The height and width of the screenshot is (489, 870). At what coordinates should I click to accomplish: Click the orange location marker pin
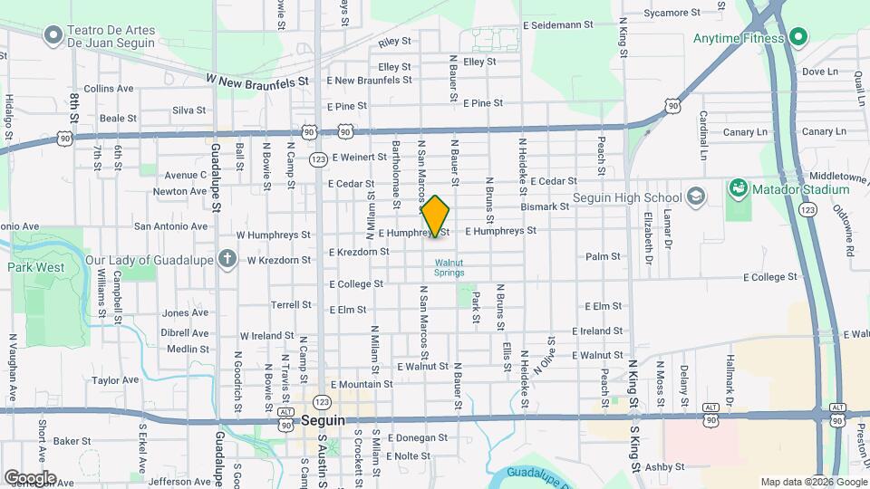tap(435, 216)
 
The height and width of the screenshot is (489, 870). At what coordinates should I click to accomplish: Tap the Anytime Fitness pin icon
tap(797, 38)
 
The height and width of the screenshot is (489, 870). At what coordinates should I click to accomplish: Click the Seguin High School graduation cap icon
tap(695, 197)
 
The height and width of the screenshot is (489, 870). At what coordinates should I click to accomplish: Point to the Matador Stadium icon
tap(738, 189)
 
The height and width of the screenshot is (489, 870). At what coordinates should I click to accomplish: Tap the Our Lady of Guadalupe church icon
tap(227, 260)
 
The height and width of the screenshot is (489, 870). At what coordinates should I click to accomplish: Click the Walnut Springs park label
tap(449, 267)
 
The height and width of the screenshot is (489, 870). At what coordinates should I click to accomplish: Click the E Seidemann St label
tap(558, 25)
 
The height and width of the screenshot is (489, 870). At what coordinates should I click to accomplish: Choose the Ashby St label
tap(666, 467)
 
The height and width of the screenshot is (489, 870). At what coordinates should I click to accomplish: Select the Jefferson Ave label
tap(179, 482)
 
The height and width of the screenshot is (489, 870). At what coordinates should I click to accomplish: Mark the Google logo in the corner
tap(30, 478)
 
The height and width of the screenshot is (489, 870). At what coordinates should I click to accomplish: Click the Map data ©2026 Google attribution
tap(814, 482)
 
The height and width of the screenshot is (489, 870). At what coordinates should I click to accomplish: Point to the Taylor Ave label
tap(115, 380)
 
